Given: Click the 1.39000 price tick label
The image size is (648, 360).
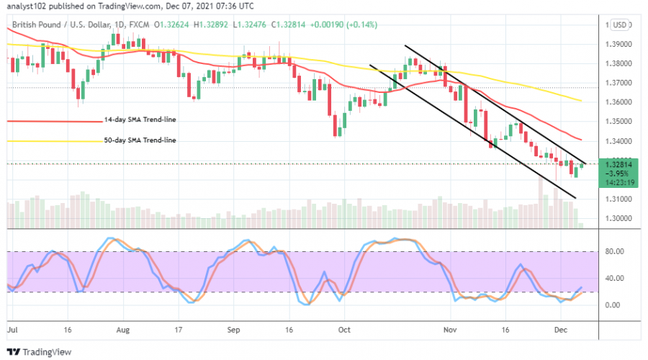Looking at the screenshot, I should click(619, 44).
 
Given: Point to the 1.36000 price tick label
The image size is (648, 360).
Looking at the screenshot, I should click(619, 102).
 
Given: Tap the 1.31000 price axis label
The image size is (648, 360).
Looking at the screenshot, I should click(619, 199).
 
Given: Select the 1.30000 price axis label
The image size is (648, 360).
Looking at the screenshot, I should click(619, 219).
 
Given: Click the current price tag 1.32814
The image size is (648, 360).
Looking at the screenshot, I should click(619, 164).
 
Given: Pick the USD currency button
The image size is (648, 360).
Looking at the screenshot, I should click(618, 26).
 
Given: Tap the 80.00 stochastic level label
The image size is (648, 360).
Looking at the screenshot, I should click(613, 252).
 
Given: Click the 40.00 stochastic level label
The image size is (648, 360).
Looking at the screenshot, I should click(613, 279).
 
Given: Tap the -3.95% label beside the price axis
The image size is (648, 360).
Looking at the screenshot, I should click(619, 174).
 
